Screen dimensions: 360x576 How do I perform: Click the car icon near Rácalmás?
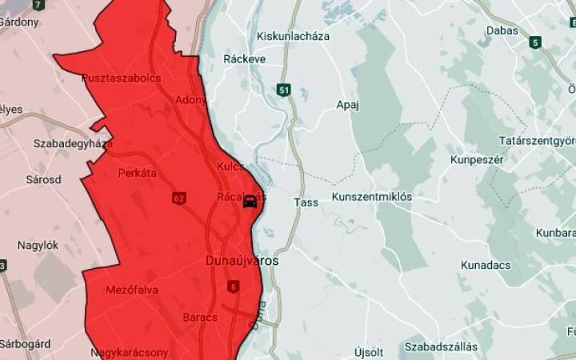(250, 201)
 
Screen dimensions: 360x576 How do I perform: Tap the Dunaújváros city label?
(242, 261)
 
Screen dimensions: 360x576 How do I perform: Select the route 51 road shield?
(285, 90)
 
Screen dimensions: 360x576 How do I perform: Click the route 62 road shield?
(178, 197)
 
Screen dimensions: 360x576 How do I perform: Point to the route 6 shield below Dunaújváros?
(233, 286)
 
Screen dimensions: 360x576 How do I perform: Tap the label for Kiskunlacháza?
(293, 36)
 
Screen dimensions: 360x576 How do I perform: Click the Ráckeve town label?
(245, 59)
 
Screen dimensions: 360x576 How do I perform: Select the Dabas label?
(502, 30)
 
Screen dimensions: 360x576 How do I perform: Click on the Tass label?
(306, 202)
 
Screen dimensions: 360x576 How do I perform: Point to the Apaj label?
(348, 105)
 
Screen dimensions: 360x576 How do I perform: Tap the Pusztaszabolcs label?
(122, 78)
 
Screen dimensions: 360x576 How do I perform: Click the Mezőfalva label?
(132, 290)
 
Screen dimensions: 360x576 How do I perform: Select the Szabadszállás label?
(441, 346)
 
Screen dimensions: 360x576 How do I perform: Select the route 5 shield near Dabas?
(534, 42)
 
